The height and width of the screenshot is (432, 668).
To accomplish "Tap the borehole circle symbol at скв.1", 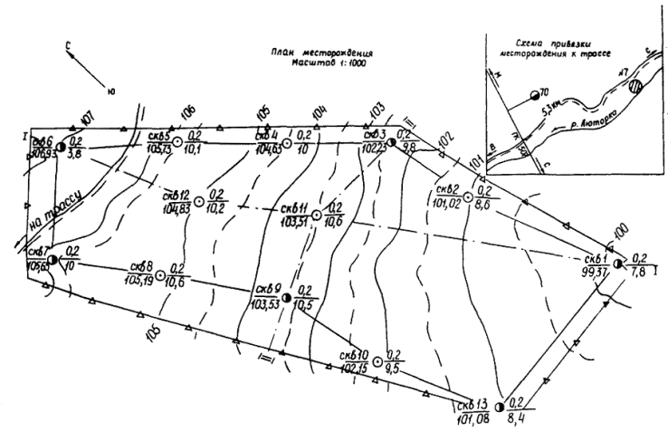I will pos(617,263).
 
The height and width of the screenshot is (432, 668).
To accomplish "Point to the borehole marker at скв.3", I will pos(391,141).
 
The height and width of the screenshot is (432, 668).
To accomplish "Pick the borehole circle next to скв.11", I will pos(316,215).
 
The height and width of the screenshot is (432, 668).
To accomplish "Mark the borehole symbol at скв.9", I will pos(285,297).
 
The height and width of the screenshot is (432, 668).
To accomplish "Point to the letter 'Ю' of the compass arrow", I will pos(110,89).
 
